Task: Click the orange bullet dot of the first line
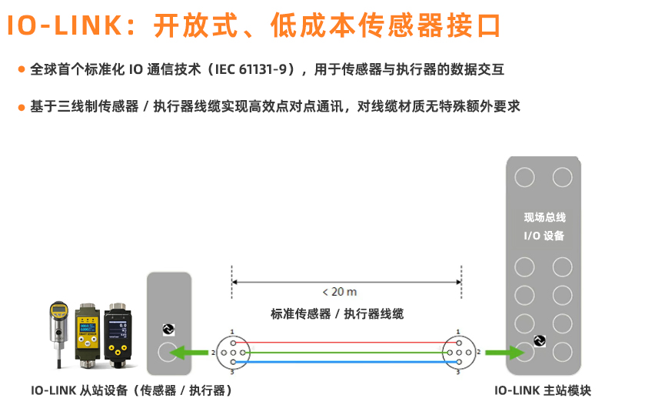(22, 69)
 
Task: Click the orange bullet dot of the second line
(22, 107)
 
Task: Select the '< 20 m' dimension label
(339, 292)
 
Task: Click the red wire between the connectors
(346, 343)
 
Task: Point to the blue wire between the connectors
(346, 362)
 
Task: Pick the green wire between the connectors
(346, 353)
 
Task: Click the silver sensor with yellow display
(58, 334)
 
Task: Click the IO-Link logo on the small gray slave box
(168, 330)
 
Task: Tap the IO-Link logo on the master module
(540, 340)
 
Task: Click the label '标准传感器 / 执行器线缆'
(337, 314)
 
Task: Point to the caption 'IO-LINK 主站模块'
(543, 390)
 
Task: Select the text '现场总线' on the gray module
(544, 217)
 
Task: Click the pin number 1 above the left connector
(232, 332)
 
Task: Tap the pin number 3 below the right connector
(457, 372)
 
